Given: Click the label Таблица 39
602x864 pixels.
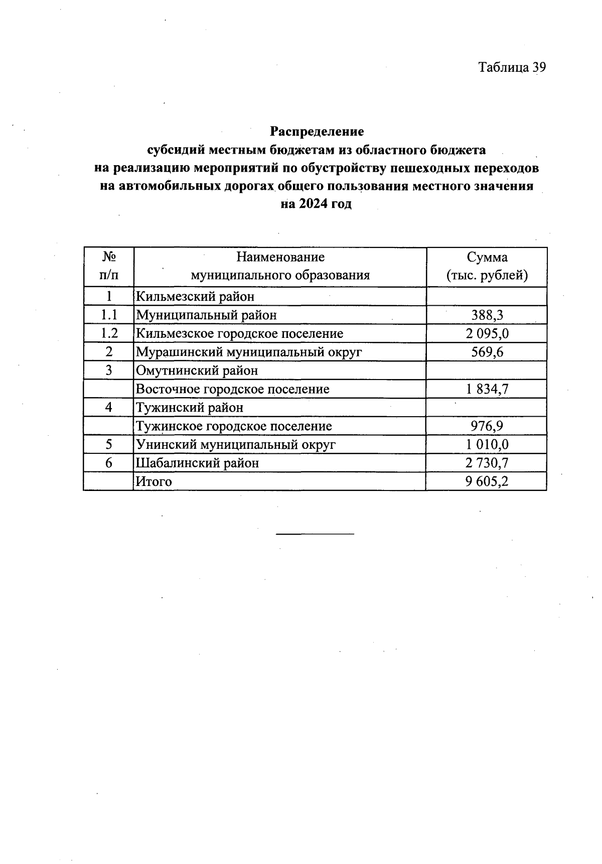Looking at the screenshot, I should tap(512, 67).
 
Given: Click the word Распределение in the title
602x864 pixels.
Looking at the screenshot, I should tap(317, 132).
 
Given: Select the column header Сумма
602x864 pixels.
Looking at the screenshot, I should tap(487, 258).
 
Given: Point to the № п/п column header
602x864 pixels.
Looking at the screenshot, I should tap(109, 266).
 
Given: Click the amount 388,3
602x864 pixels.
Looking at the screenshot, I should tap(487, 315).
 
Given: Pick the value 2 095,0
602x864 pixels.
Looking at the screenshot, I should tap(487, 334).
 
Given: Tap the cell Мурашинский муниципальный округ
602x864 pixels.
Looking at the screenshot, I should tap(249, 352).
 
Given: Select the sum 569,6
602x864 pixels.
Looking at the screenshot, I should tap(487, 352).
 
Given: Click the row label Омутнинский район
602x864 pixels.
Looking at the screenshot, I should tap(197, 371).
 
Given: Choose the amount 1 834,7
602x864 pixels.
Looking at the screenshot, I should tap(487, 390).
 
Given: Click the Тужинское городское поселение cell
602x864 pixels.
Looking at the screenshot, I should tap(234, 426).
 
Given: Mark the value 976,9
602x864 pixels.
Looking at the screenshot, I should tap(487, 426).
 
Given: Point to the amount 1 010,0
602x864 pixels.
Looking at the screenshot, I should tap(487, 445).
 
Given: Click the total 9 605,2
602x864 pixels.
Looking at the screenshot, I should tap(487, 481).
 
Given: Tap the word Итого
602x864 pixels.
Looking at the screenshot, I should tap(154, 481).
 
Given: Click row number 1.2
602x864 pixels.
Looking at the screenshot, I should tap(109, 334).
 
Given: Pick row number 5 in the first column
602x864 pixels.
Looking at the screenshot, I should tap(109, 445).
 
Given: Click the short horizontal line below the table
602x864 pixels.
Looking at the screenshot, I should tap(315, 533).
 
